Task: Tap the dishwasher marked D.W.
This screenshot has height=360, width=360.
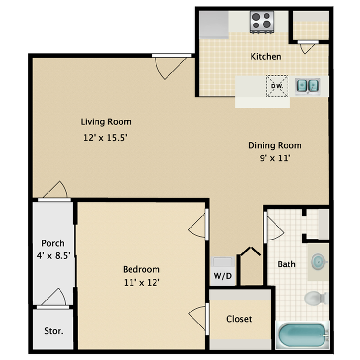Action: (x=277, y=86)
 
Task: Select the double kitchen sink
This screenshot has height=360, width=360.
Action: (x=307, y=86)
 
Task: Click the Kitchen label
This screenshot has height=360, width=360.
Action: (x=266, y=56)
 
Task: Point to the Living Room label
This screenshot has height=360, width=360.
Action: (x=106, y=122)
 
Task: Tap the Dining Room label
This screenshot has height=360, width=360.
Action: (x=275, y=145)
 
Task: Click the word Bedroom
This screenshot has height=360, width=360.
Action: (x=141, y=269)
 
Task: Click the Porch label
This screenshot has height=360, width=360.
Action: (x=53, y=243)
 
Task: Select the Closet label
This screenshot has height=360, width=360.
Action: (x=239, y=319)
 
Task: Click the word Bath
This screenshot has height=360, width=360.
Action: (x=287, y=264)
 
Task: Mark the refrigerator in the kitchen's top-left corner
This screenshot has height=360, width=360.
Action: (x=214, y=24)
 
